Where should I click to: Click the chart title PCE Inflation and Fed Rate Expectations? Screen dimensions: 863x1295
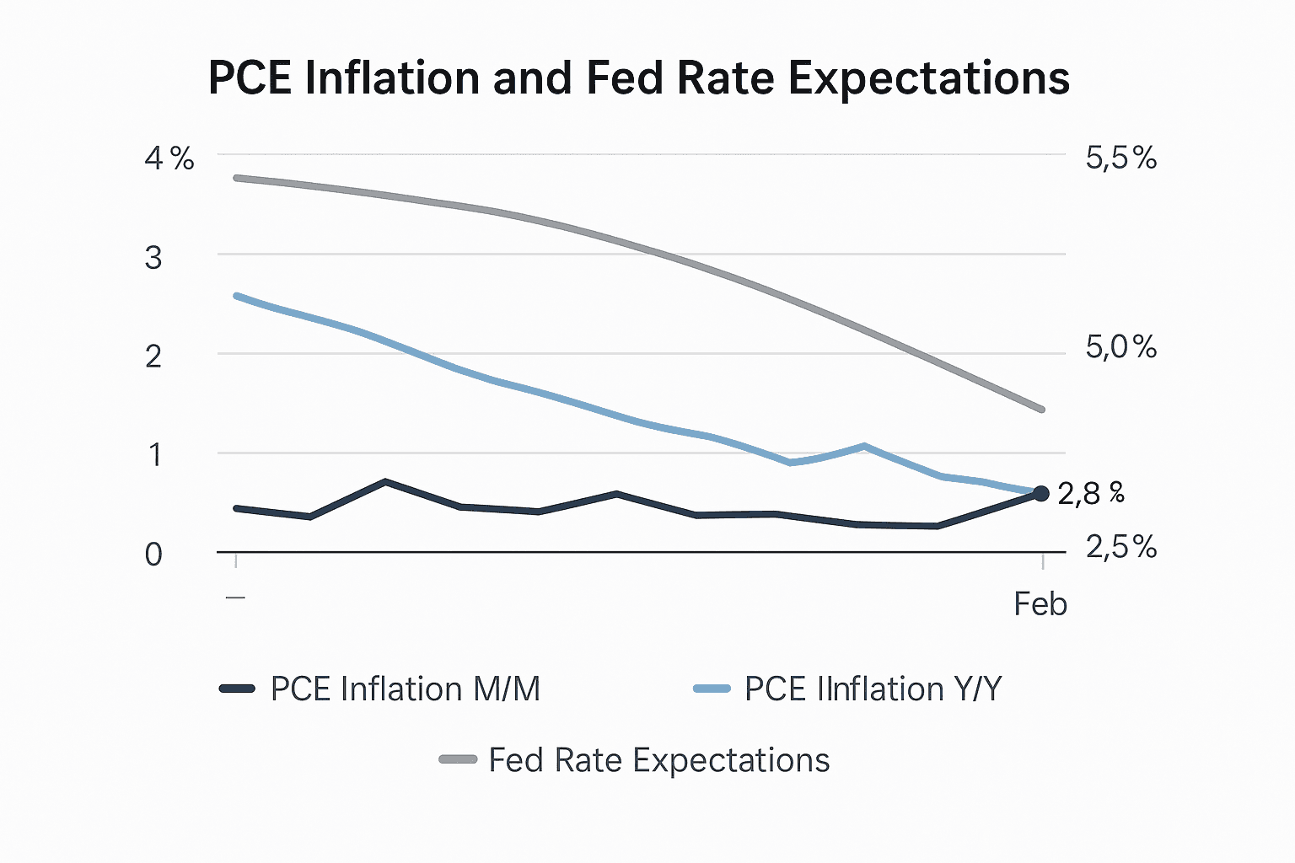pyautogui.click(x=638, y=78)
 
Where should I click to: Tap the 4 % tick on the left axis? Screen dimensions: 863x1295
pyautogui.click(x=169, y=158)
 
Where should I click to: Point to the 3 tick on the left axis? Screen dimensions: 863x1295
pyautogui.click(x=153, y=258)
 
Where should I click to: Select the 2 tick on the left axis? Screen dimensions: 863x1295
pyautogui.click(x=153, y=356)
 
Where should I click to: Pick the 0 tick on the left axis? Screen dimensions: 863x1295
pyautogui.click(x=153, y=555)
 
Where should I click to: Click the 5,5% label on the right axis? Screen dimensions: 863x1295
pyautogui.click(x=1120, y=158)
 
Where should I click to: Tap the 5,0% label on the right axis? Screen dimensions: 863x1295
pyautogui.click(x=1120, y=347)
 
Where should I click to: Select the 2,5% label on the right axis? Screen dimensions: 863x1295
pyautogui.click(x=1120, y=548)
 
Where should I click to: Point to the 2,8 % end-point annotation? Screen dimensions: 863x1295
pyautogui.click(x=1090, y=494)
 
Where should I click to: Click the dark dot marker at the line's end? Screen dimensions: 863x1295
pyautogui.click(x=1040, y=494)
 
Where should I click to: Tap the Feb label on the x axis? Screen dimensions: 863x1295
pyautogui.click(x=1040, y=604)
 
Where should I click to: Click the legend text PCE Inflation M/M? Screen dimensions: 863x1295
pyautogui.click(x=405, y=689)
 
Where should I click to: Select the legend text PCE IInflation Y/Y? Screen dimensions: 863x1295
pyautogui.click(x=873, y=689)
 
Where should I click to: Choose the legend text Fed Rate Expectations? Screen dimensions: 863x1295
pyautogui.click(x=658, y=760)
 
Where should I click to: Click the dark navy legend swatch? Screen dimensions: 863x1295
pyautogui.click(x=237, y=689)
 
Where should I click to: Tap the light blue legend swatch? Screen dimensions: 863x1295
pyautogui.click(x=711, y=689)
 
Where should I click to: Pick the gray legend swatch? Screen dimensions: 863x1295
pyautogui.click(x=458, y=760)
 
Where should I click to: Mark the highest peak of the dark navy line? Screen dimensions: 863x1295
pyautogui.click(x=385, y=481)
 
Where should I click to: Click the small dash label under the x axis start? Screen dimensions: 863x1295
pyautogui.click(x=236, y=597)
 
